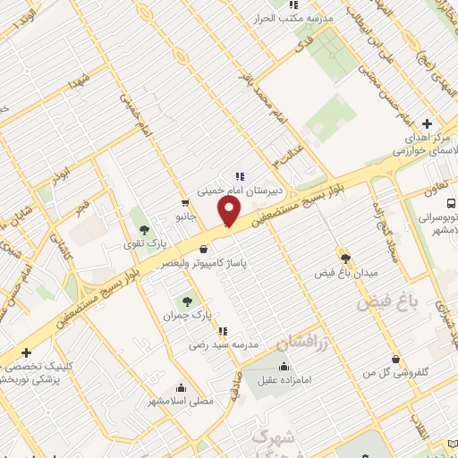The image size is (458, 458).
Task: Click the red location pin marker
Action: (230, 212)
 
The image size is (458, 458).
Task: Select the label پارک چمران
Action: (187, 316)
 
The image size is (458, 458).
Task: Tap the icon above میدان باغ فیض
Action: (341, 255)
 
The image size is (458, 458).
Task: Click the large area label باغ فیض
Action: (388, 303)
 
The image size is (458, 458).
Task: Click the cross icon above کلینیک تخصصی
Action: (27, 352)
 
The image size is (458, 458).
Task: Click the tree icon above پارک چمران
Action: (187, 301)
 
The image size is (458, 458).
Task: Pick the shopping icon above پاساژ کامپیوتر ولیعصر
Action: (206, 249)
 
